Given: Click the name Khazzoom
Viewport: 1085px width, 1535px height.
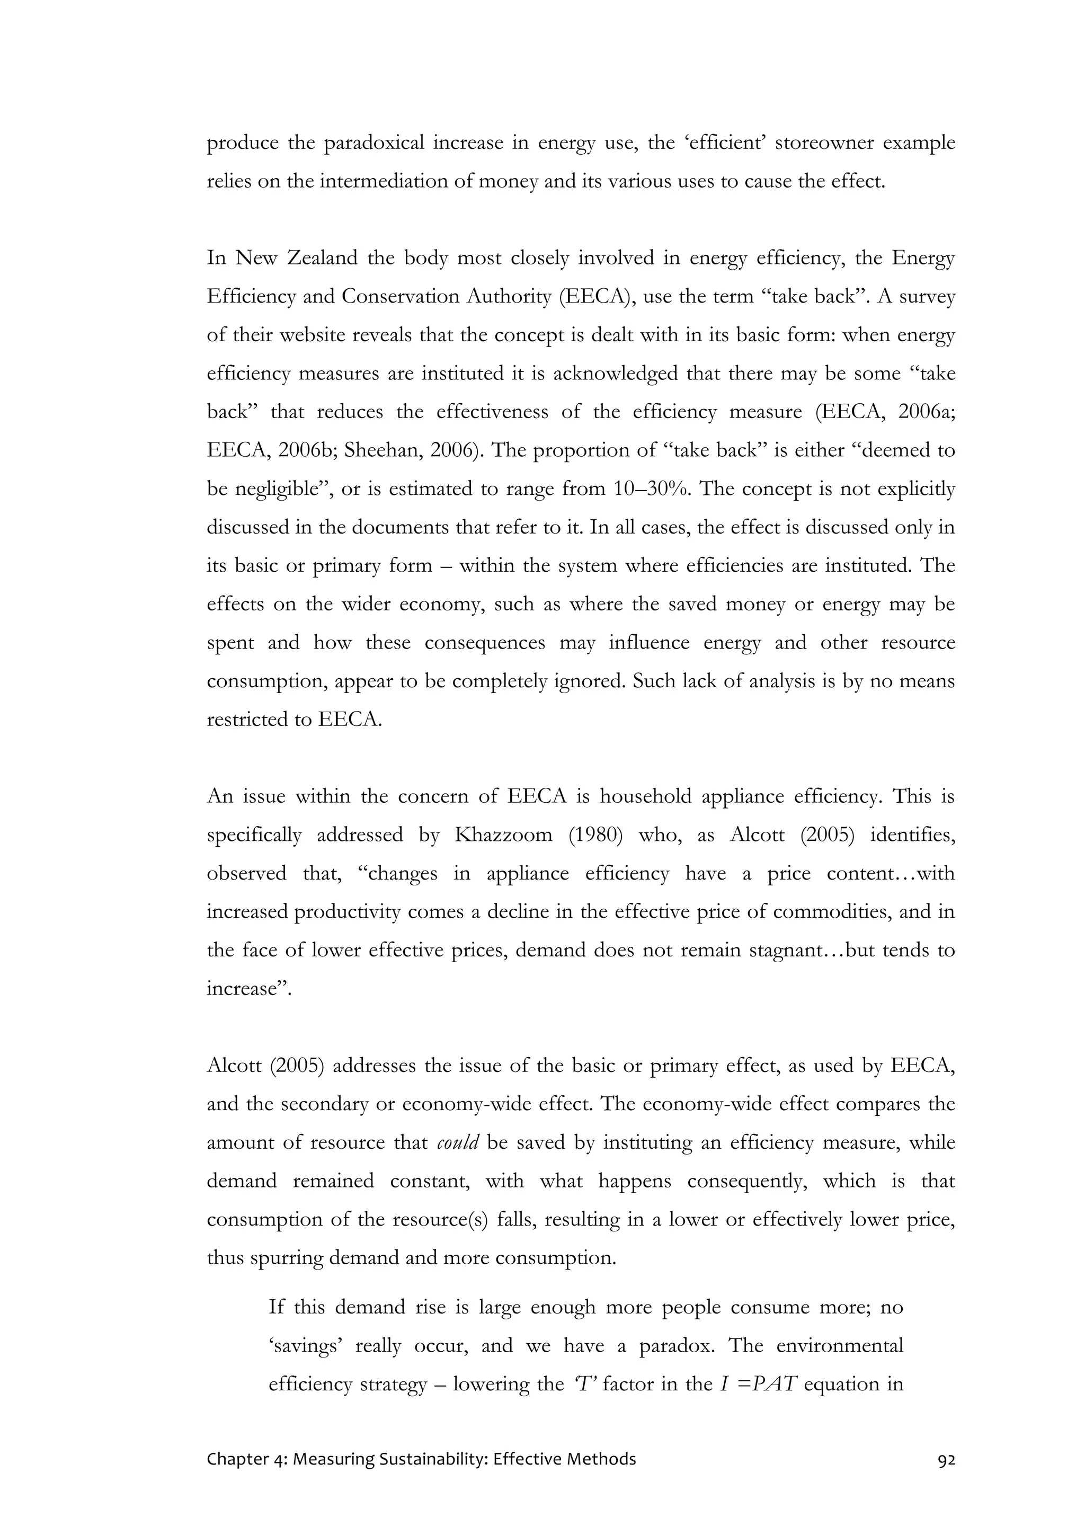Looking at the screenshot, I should pyautogui.click(x=503, y=835).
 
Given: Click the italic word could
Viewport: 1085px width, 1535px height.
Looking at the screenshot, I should pyautogui.click(x=458, y=1142).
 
